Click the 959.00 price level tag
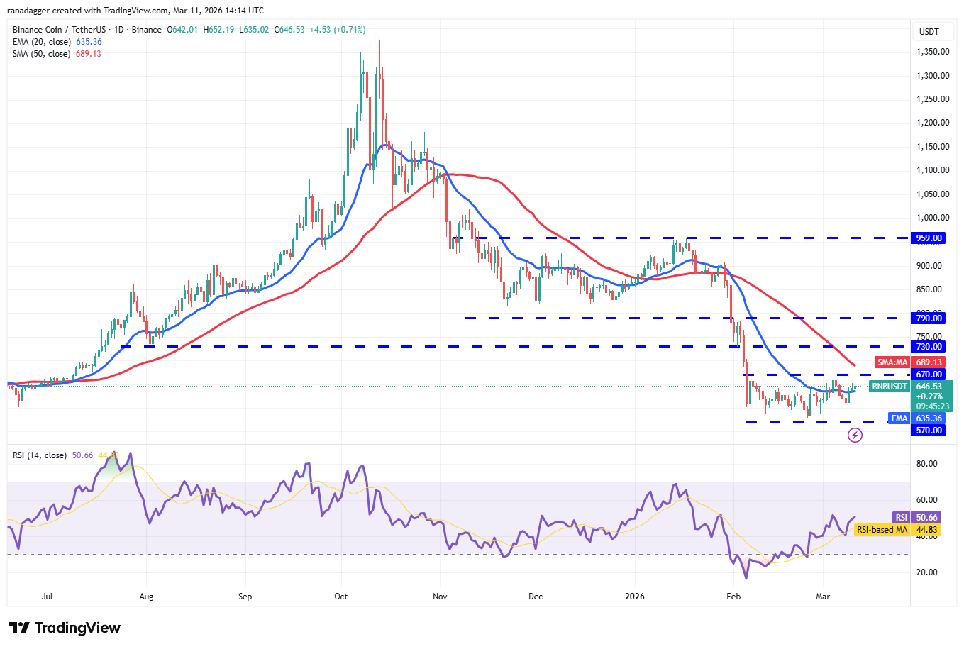click(x=929, y=238)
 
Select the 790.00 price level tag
click(x=929, y=318)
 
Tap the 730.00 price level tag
click(x=929, y=347)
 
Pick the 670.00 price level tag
click(x=929, y=375)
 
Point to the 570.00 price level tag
click(x=929, y=431)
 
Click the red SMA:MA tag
click(x=892, y=362)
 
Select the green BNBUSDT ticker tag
click(x=890, y=387)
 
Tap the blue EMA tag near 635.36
click(x=899, y=418)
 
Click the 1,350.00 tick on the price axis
click(x=933, y=52)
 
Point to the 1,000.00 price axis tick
click(x=933, y=218)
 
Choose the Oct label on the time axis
click(x=341, y=597)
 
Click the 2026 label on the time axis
click(x=635, y=597)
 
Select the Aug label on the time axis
click(x=146, y=597)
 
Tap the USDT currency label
click(x=929, y=32)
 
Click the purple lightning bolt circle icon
click(x=855, y=435)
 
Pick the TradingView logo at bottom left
click(x=65, y=628)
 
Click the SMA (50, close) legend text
click(x=41, y=54)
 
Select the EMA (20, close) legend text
click(x=41, y=42)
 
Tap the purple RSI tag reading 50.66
click(x=901, y=518)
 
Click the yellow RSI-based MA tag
click(x=882, y=530)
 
